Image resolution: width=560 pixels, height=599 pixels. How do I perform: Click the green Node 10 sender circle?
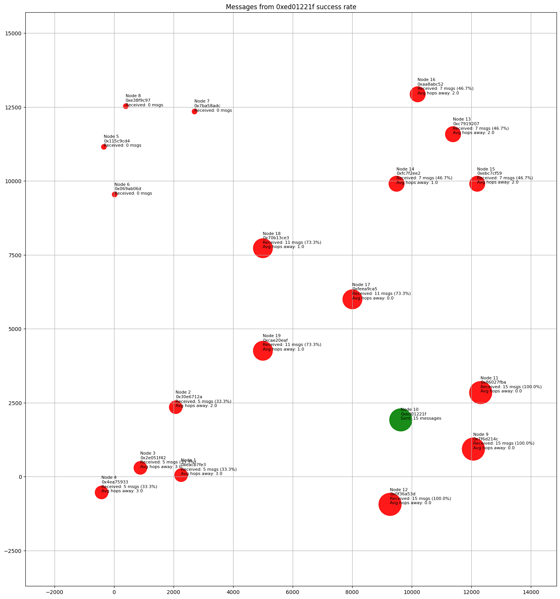(x=401, y=420)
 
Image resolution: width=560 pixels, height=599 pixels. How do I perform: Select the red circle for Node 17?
(x=352, y=299)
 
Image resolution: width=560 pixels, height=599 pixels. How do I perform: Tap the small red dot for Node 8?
(x=126, y=106)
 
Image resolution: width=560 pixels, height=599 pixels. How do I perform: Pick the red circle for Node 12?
(x=390, y=504)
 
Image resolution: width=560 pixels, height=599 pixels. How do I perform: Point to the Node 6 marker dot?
(x=114, y=194)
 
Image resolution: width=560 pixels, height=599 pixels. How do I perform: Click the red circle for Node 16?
(x=418, y=94)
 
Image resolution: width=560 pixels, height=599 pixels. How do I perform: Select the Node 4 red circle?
(x=101, y=492)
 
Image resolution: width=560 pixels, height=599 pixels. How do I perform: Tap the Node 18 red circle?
(x=263, y=248)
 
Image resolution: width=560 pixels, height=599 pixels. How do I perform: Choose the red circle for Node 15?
(x=477, y=184)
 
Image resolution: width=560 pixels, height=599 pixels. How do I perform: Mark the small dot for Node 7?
(x=194, y=111)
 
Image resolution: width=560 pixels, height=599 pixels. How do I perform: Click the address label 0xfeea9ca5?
(x=364, y=289)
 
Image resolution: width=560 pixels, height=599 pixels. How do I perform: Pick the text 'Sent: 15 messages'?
(x=421, y=419)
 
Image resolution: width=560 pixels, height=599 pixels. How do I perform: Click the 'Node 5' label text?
(x=111, y=137)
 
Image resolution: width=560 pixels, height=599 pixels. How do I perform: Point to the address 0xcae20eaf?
(x=275, y=341)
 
